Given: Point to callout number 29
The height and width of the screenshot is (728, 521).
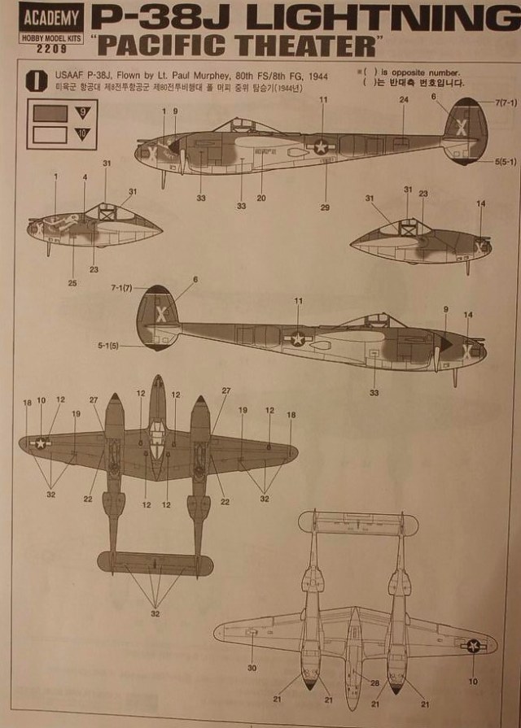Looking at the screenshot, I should pos(325,207).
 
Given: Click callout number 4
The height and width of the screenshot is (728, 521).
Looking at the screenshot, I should pos(85,177).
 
